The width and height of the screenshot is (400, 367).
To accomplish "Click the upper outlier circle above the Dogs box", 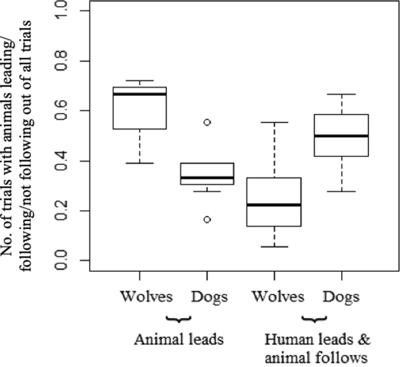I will pyautogui.click(x=207, y=123).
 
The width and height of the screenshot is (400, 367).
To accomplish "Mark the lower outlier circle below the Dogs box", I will pyautogui.click(x=207, y=219).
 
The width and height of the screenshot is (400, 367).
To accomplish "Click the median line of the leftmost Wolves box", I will pyautogui.click(x=139, y=94).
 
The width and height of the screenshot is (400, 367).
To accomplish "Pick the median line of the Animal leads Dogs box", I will pyautogui.click(x=207, y=177).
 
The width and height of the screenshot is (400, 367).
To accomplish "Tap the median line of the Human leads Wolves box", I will pyautogui.click(x=274, y=205).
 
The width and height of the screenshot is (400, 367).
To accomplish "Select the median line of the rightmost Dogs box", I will pyautogui.click(x=341, y=135).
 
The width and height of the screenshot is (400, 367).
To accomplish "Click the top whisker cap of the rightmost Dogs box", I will pyautogui.click(x=341, y=94).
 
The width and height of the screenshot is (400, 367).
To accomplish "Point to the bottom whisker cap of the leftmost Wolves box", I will pyautogui.click(x=139, y=163).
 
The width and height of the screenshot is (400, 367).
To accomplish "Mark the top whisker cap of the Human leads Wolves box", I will pyautogui.click(x=274, y=123).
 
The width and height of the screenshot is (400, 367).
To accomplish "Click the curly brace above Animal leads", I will pyautogui.click(x=179, y=319).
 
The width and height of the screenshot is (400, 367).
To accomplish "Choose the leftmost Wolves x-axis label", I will pyautogui.click(x=147, y=297).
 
